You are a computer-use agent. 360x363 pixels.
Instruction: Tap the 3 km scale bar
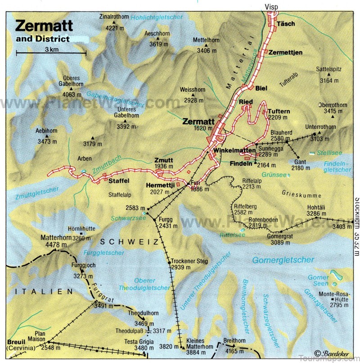[50, 53]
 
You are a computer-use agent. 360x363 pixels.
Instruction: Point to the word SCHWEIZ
[129, 242]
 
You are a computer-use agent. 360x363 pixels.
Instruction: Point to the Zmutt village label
[164, 160]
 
